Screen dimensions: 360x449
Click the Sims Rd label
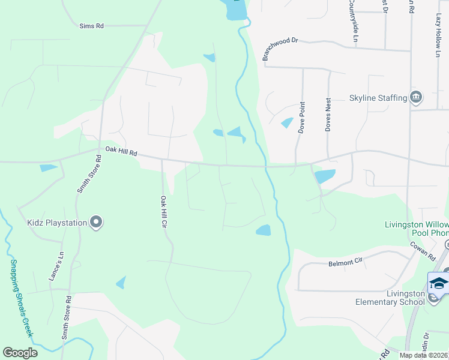tap(92, 26)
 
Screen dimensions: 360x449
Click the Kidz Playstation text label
tap(57, 223)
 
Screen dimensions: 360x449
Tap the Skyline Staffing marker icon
tap(415, 97)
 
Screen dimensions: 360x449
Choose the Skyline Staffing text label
tap(378, 98)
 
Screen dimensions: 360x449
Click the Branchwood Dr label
tap(280, 48)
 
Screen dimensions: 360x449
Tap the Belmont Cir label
tap(346, 262)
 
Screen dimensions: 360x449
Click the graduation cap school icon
tap(439, 283)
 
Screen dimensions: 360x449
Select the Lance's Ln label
tap(60, 262)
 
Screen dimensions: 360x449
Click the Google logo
tap(20, 353)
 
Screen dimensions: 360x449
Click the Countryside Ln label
tap(355, 21)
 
